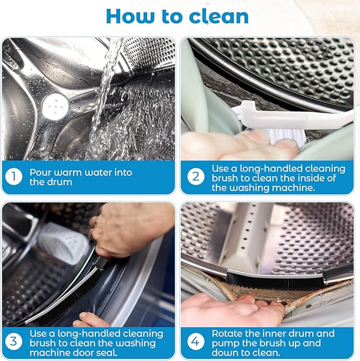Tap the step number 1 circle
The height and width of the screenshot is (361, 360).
pyautogui.click(x=14, y=176)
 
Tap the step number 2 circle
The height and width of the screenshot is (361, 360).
pyautogui.click(x=196, y=176)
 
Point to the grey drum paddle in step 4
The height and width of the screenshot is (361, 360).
pyautogui.click(x=249, y=234)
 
